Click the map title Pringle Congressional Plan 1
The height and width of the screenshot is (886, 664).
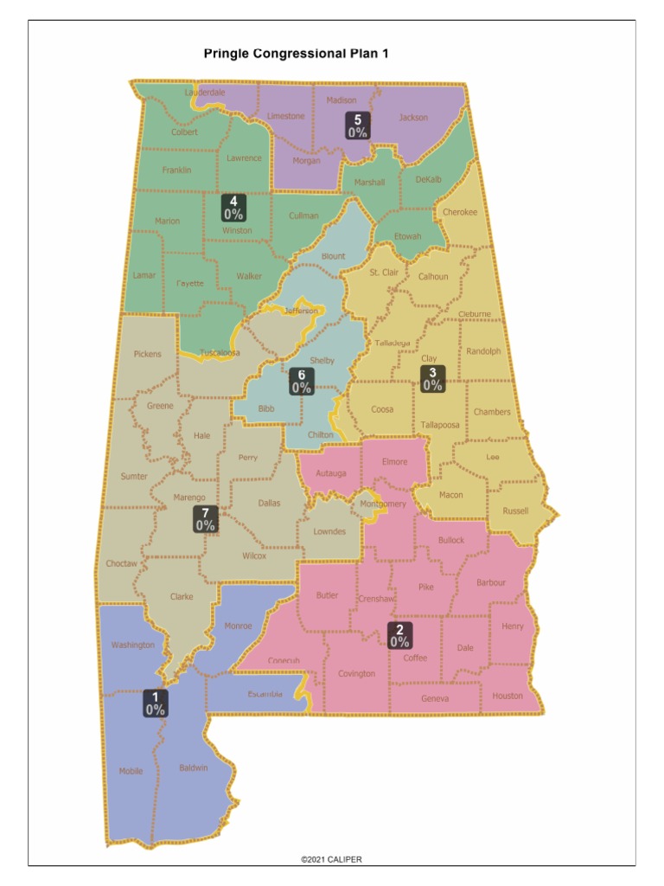coord(297,54)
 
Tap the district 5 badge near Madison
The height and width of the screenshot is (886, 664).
coord(357,125)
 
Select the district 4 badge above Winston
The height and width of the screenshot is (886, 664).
coord(233,207)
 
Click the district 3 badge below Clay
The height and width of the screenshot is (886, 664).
coord(432,379)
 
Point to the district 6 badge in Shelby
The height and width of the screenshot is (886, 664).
coord(301,382)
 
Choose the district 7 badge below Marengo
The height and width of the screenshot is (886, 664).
coord(205,518)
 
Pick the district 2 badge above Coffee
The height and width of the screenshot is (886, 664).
coord(399,635)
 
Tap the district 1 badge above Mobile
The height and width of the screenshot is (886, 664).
coord(155,703)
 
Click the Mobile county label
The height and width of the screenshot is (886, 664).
coord(131,771)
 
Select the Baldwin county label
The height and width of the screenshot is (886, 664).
coord(193,767)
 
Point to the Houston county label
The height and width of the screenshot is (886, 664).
coord(508,696)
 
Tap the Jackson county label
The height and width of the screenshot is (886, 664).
coord(412,118)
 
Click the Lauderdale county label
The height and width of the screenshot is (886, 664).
coord(205,92)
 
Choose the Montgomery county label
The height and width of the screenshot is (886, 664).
coord(382,504)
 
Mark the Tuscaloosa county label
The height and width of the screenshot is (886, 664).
coord(220,353)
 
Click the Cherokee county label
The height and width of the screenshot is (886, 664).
coord(459,212)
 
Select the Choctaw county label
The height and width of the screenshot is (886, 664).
coord(121,563)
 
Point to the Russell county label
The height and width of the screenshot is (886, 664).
coord(514,510)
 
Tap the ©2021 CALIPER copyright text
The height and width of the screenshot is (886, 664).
coord(331,859)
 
